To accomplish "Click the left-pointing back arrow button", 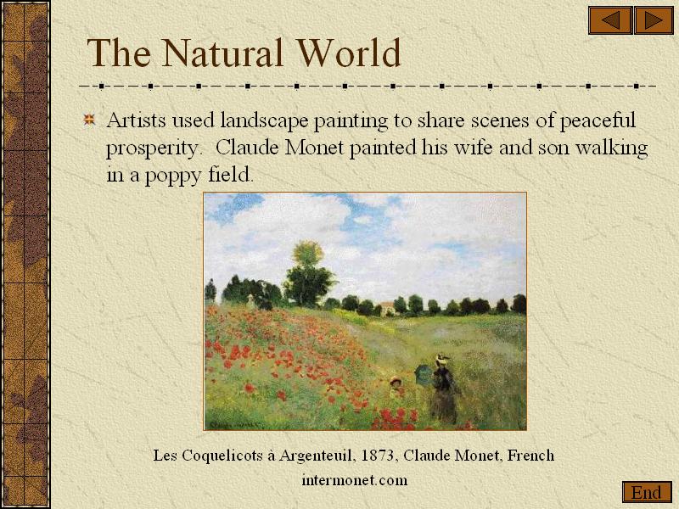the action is click(610, 20).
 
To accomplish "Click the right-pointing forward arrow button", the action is click(654, 20).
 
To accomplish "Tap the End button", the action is click(647, 492).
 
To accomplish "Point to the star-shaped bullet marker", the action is click(89, 120).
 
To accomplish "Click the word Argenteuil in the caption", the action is click(315, 456).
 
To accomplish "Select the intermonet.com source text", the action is click(355, 480).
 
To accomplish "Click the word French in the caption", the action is click(530, 456).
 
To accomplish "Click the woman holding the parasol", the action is click(442, 389).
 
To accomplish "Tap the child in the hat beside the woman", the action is click(396, 387).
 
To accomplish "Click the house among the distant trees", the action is click(386, 308).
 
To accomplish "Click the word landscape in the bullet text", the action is click(264, 120).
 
